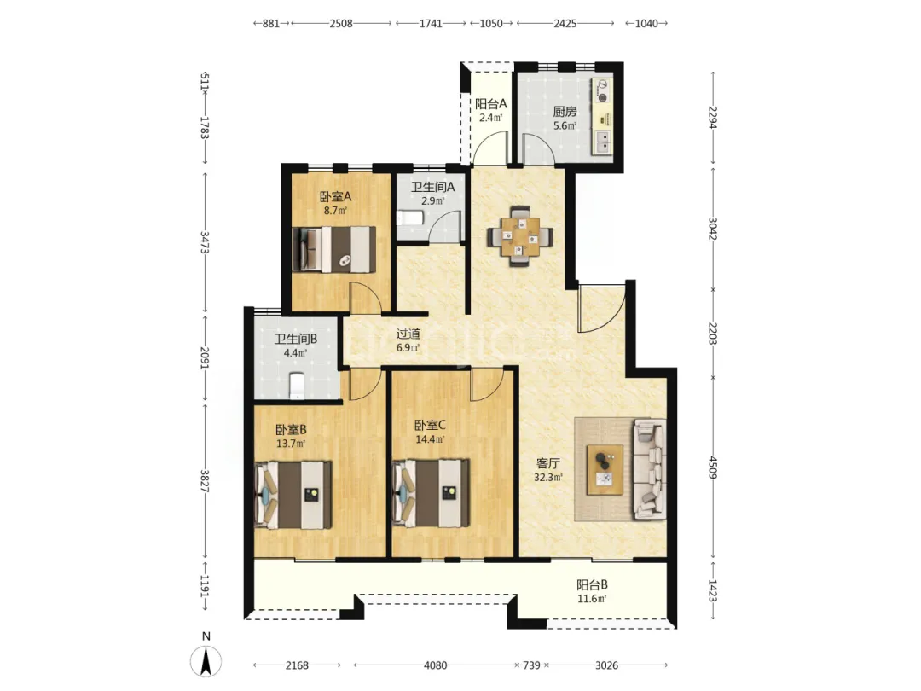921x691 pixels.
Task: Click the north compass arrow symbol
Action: [x=206, y=661]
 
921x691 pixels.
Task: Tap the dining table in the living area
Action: [x=520, y=236]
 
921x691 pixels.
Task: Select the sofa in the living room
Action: [x=649, y=469]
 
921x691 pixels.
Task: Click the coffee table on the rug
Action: [x=605, y=469]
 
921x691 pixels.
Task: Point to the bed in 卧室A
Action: [x=334, y=249]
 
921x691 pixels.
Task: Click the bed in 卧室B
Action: [x=293, y=495]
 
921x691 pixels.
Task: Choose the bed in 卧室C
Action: [x=431, y=492]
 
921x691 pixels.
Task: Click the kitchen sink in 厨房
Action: [x=603, y=141]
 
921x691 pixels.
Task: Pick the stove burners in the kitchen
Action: [x=602, y=91]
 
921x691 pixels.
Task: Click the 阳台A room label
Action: [x=491, y=104]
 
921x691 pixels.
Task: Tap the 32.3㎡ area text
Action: [x=548, y=477]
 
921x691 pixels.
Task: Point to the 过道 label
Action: [x=408, y=334]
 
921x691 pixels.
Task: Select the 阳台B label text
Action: [x=592, y=584]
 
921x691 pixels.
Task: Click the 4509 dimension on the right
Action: [x=713, y=467]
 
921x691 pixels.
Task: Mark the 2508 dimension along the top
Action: [x=341, y=24]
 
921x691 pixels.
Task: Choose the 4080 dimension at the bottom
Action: [x=435, y=665]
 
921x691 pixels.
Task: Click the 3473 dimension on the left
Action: [x=205, y=242]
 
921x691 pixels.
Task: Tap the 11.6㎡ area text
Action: [x=592, y=599]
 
